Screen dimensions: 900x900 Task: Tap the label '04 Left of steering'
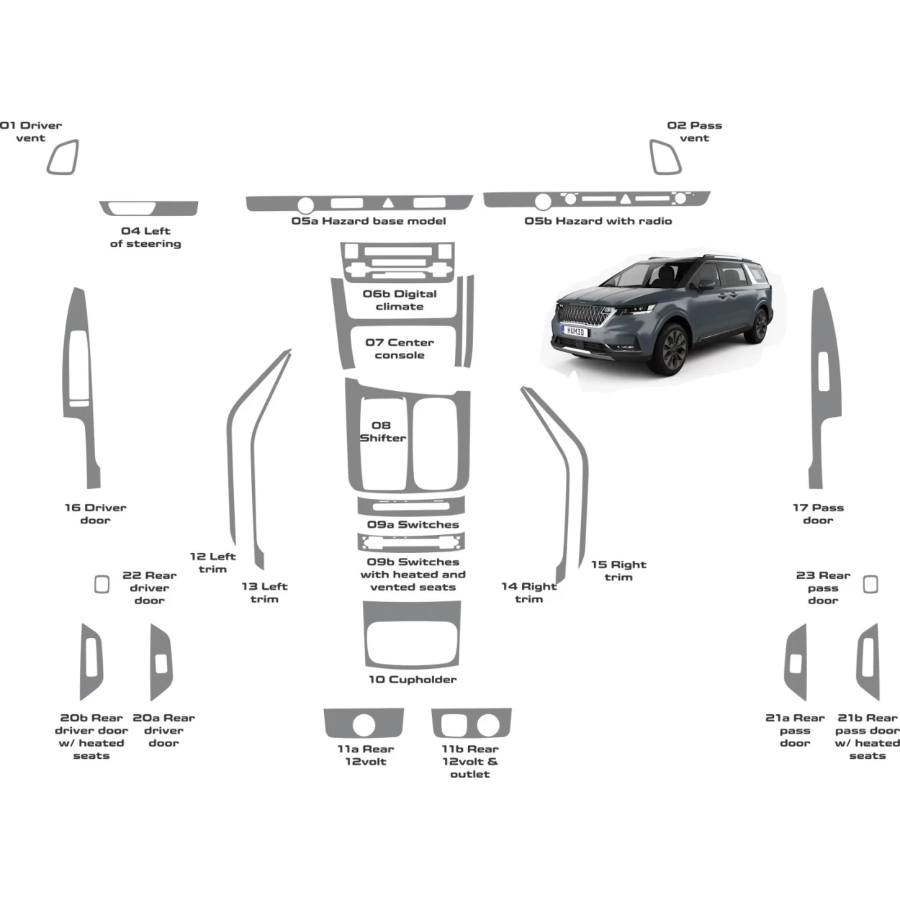pos(145,238)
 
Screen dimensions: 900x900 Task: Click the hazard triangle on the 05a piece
pos(388,203)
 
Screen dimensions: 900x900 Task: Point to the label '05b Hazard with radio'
pos(598,221)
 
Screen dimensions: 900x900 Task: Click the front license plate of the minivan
pos(575,331)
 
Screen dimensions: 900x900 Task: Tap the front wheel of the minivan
pos(672,350)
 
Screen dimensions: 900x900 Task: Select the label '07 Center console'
pos(400,349)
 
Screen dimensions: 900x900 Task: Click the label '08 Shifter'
pos(382,432)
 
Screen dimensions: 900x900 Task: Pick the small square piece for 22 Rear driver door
pos(102,584)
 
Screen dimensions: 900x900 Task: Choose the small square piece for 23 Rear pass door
pos(870,584)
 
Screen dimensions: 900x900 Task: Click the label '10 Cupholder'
pos(413,680)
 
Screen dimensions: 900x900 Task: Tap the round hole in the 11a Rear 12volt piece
pos(364,725)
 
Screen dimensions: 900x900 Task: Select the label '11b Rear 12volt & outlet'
pos(470,762)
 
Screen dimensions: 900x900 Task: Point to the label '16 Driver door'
pos(95,514)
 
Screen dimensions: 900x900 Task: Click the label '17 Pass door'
pos(818,514)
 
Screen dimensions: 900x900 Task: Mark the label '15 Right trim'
pos(618,571)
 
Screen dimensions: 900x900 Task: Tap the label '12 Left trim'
pos(212,563)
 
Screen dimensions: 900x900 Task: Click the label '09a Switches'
pos(413,525)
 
